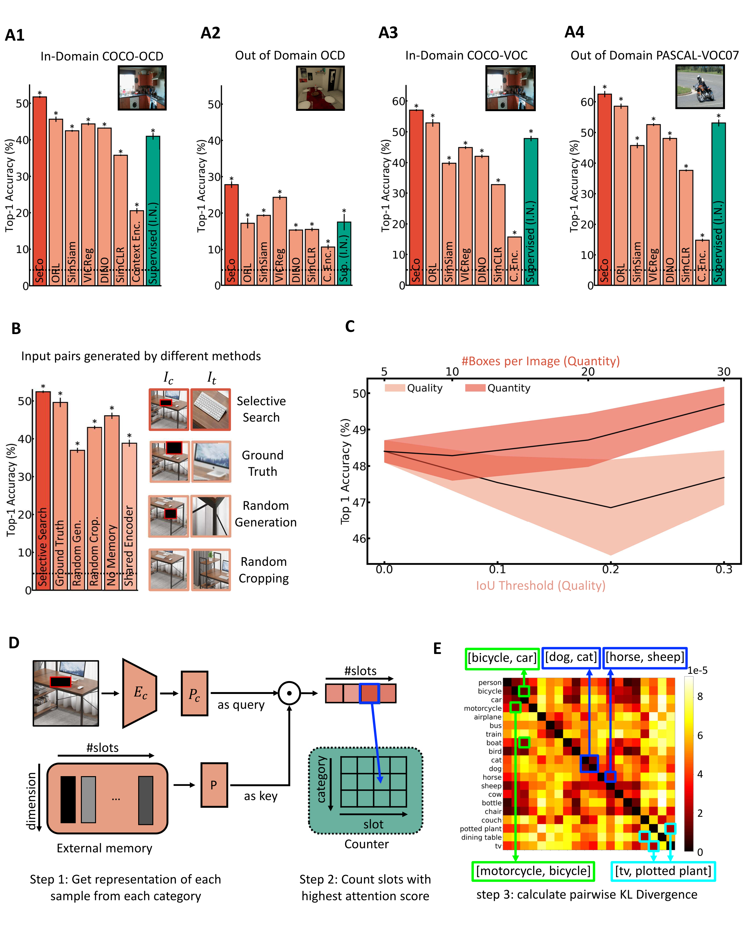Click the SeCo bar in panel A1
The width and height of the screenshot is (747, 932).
pyautogui.click(x=39, y=190)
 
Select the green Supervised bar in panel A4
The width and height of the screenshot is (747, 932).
pyautogui.click(x=718, y=203)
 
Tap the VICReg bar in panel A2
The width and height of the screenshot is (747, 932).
pyautogui.click(x=280, y=240)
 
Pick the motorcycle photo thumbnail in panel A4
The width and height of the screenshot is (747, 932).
pyautogui.click(x=699, y=87)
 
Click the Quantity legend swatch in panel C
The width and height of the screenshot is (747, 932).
pyautogui.click(x=475, y=388)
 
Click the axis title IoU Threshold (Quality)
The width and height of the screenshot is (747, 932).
pyautogui.click(x=540, y=585)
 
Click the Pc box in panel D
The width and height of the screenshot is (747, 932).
pyautogui.click(x=194, y=693)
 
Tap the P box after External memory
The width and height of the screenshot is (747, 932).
pyautogui.click(x=214, y=785)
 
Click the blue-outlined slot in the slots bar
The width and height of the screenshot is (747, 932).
pyautogui.click(x=369, y=693)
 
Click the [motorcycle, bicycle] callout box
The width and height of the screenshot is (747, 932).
pyautogui.click(x=533, y=871)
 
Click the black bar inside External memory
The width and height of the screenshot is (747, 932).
pyautogui.click(x=68, y=799)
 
